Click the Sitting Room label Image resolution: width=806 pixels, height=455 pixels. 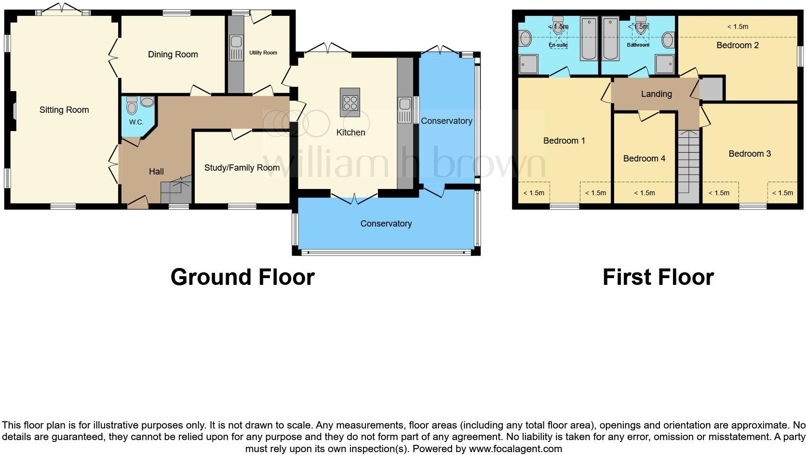pyautogui.click(x=64, y=110)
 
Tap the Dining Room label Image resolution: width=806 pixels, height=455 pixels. pyautogui.click(x=173, y=54)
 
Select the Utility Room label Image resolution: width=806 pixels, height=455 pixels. pyautogui.click(x=263, y=53)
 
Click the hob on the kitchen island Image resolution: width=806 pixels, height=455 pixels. pyautogui.click(x=350, y=102)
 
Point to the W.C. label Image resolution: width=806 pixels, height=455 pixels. pyautogui.click(x=136, y=122)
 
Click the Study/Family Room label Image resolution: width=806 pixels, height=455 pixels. pyautogui.click(x=242, y=168)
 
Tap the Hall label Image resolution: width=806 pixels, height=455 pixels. pyautogui.click(x=156, y=171)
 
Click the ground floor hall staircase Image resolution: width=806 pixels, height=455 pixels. pyautogui.click(x=176, y=191)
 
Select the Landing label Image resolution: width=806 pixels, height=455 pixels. pyautogui.click(x=656, y=94)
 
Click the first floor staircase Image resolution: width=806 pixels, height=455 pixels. pyautogui.click(x=688, y=164)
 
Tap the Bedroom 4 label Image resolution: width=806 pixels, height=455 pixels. pyautogui.click(x=644, y=159)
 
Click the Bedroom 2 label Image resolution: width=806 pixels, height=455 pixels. pyautogui.click(x=738, y=45)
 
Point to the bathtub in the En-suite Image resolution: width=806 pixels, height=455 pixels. pyautogui.click(x=589, y=39)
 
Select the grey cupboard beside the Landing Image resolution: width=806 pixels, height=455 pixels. pyautogui.click(x=711, y=89)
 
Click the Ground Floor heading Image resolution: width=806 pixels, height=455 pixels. pyautogui.click(x=242, y=277)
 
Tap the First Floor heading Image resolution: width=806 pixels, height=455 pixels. pyautogui.click(x=658, y=277)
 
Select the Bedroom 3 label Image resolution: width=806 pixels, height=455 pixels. pyautogui.click(x=749, y=154)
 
